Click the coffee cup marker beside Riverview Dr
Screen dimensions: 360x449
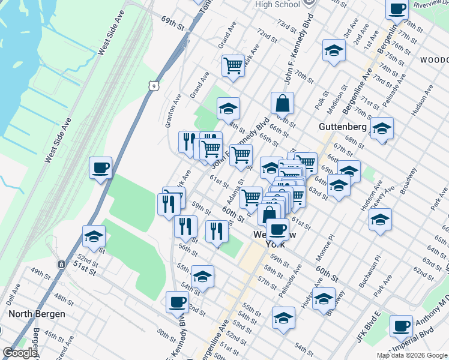[x=397, y=10]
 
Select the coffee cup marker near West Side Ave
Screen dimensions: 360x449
[x=101, y=167]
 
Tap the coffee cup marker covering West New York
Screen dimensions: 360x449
[x=277, y=229]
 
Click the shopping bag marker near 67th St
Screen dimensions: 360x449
[x=282, y=103]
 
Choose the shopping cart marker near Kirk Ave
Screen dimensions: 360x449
[x=233, y=65]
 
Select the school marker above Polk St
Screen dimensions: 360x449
[x=334, y=51]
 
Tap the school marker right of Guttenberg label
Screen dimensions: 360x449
[x=382, y=128]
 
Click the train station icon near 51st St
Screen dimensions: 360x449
[x=61, y=264]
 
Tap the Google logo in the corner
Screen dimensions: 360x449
[x=20, y=353]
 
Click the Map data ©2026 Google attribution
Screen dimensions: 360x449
[x=411, y=355]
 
